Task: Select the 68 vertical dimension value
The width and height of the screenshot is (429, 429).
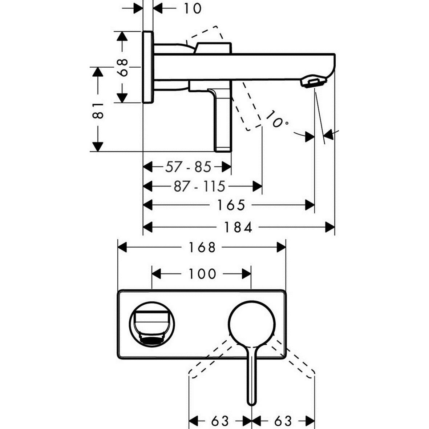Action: point(124,67)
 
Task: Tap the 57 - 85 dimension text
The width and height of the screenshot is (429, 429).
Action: point(188,167)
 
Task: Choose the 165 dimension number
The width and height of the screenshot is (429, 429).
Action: point(231,205)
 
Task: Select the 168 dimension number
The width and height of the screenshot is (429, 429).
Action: point(202,248)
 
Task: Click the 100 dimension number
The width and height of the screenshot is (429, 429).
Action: point(202,274)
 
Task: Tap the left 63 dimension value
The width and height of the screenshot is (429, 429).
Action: point(220,421)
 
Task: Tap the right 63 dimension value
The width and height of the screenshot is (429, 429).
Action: point(283,421)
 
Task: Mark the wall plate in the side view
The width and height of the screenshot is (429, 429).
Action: point(148,67)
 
